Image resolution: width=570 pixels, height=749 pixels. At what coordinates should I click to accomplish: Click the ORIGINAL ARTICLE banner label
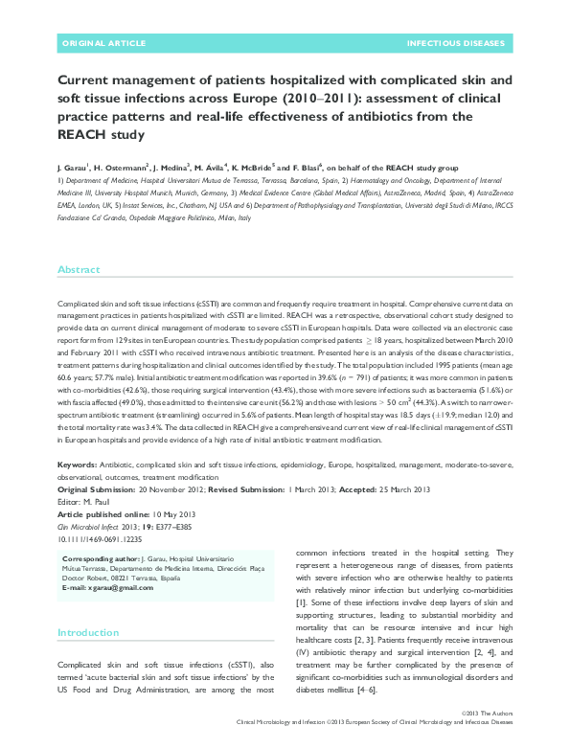(103, 44)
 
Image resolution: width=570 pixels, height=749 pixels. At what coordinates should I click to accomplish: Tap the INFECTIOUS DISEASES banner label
(455, 44)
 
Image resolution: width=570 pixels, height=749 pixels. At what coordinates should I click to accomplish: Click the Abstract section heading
(79, 270)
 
